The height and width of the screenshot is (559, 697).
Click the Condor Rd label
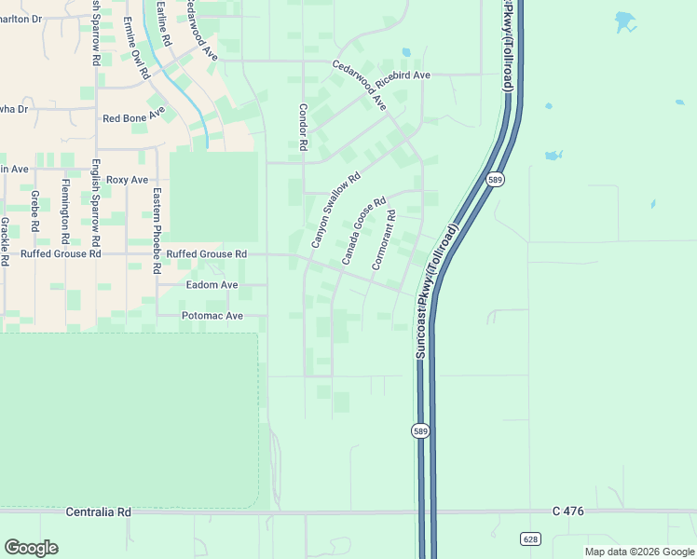click(x=303, y=128)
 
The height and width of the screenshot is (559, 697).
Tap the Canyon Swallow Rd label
click(x=335, y=211)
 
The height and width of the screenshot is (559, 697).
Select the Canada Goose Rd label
click(x=363, y=230)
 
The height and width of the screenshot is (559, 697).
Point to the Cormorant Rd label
click(x=384, y=240)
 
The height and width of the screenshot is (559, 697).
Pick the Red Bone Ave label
click(x=133, y=118)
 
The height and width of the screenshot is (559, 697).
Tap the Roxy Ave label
click(x=127, y=180)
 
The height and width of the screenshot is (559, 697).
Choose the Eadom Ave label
click(x=212, y=285)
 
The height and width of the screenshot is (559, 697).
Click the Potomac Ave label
click(x=212, y=316)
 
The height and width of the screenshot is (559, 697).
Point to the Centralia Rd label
click(x=99, y=512)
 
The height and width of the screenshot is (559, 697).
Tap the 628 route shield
click(x=530, y=539)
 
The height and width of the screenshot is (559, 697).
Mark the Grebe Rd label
click(x=34, y=211)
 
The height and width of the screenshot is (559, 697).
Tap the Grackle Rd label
click(x=5, y=241)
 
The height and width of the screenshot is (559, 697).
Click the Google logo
click(x=31, y=548)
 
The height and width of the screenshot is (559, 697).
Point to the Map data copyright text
click(x=639, y=552)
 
